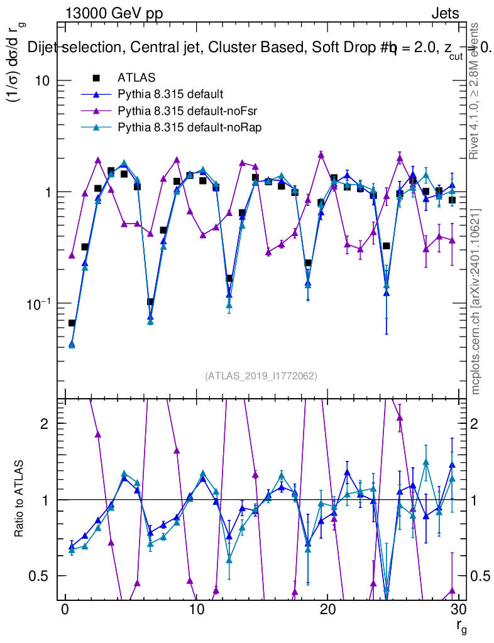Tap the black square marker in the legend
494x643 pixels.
(96, 78)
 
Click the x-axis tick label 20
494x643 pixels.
(327, 610)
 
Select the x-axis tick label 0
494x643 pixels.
(65, 610)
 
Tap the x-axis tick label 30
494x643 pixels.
(458, 610)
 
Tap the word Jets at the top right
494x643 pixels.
(445, 13)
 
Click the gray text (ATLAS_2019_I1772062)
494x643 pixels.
(261, 376)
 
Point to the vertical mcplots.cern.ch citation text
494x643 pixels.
(476, 301)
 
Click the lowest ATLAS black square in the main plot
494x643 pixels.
(72, 323)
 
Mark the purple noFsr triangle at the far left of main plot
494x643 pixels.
(72, 255)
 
